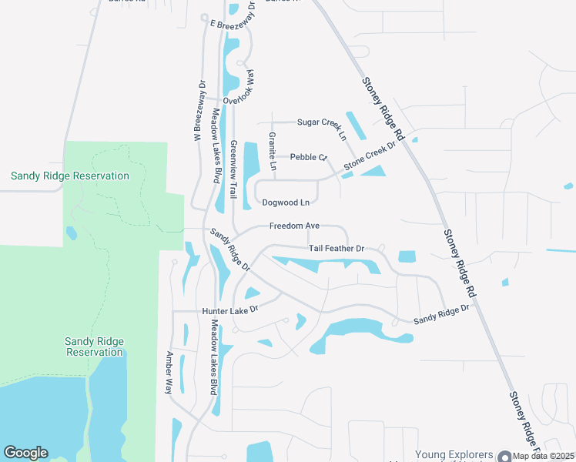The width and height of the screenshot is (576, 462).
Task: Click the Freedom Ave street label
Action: coord(294,226)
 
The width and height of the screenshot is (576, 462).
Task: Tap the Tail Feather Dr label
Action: coord(336,249)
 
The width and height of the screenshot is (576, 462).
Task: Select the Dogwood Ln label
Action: coord(286,203)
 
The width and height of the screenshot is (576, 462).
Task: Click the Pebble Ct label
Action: coord(309,157)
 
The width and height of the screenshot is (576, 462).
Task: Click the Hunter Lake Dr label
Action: coord(229,310)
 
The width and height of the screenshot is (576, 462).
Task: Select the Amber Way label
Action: coord(169,373)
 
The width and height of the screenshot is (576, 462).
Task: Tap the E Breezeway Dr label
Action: coord(233,21)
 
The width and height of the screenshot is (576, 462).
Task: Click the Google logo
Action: coord(25,453)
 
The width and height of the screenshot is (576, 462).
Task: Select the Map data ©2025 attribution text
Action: coord(544,456)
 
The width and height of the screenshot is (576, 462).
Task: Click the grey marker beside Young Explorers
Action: coord(505,457)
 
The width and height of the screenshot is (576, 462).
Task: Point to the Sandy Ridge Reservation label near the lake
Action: coord(95,346)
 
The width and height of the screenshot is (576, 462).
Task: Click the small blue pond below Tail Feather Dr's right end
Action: coord(407,256)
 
